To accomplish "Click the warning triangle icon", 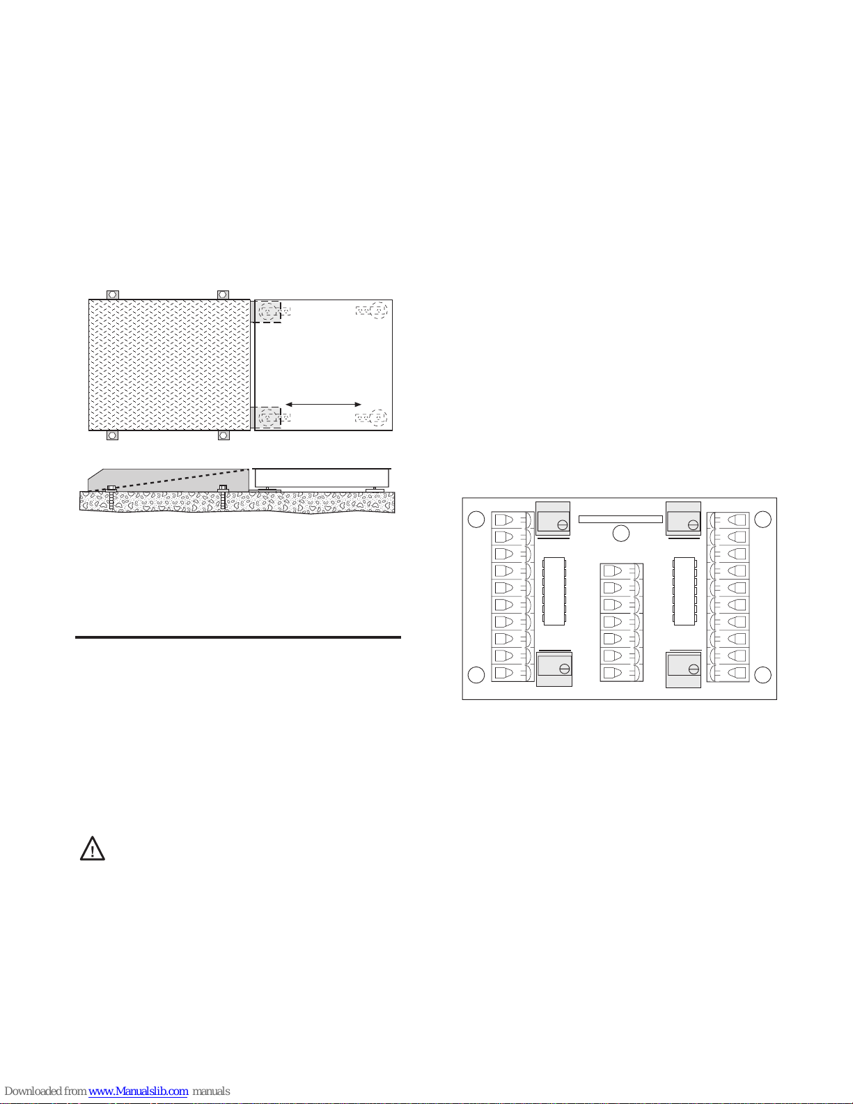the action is [93, 848].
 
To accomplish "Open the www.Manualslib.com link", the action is [138, 1091].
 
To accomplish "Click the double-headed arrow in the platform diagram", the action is [323, 405].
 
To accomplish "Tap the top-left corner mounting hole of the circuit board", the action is [476, 519].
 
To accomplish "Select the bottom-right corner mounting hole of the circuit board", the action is [762, 675].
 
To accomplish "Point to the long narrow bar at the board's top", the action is [620, 519].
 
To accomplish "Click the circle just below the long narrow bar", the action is [621, 533].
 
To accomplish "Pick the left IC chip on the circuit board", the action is [554, 591].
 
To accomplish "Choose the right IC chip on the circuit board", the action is [684, 591].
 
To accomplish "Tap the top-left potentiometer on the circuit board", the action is [553, 519].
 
